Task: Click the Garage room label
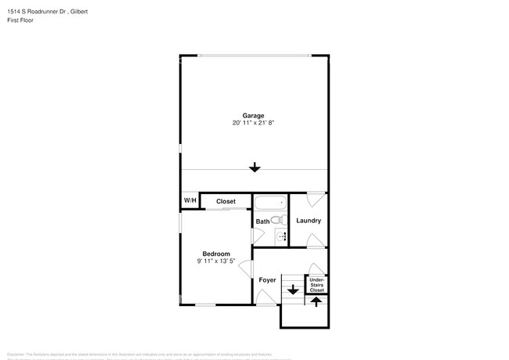(x=253, y=115)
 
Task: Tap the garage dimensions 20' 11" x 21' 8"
(x=253, y=123)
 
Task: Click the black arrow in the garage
(x=254, y=167)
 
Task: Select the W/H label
(x=190, y=201)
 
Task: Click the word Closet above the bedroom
(x=226, y=201)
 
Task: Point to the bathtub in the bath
(x=270, y=203)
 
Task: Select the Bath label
(x=262, y=221)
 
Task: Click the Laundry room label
(x=309, y=221)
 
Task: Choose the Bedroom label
(x=216, y=254)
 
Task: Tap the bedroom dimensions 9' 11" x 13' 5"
(x=216, y=261)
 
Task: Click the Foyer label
(x=267, y=279)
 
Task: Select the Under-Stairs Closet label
(x=316, y=285)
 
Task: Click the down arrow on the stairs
(x=293, y=290)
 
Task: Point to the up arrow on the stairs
(x=316, y=301)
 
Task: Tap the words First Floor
(x=22, y=20)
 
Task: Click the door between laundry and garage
(x=315, y=197)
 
